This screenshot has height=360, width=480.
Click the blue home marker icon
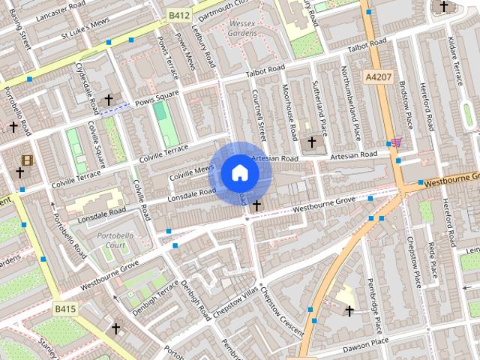click(239, 172)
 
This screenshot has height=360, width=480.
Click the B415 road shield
click(65, 308)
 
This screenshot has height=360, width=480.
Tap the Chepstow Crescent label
click(279, 307)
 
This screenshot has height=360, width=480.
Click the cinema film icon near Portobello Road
click(27, 160)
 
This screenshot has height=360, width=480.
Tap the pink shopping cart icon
click(396, 142)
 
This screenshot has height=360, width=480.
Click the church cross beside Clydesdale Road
click(109, 99)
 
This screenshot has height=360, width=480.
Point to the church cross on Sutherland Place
click(312, 141)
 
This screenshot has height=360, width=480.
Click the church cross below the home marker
click(257, 205)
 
